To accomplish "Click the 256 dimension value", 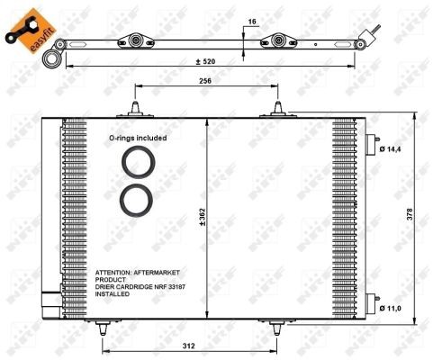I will pyautogui.click(x=205, y=81).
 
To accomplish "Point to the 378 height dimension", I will pyautogui.click(x=410, y=215).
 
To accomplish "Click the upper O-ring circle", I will pyautogui.click(x=140, y=165).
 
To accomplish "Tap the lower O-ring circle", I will pyautogui.click(x=140, y=199).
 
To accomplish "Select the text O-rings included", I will pyautogui.click(x=139, y=139).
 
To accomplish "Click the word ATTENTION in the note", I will pyautogui.click(x=115, y=273).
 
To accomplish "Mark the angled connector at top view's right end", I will pyautogui.click(x=367, y=40).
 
